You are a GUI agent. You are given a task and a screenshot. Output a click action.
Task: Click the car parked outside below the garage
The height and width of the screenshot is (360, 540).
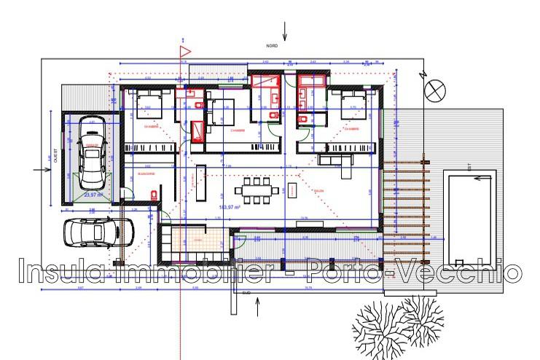(x=96, y=232)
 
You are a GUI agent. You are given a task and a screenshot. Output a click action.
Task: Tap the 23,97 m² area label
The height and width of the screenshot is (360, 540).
(x=93, y=195)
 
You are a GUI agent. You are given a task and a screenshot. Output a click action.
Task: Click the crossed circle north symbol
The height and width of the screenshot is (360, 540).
(x=435, y=90)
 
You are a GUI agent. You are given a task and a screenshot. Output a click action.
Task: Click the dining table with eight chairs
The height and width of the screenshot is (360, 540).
(x=257, y=190)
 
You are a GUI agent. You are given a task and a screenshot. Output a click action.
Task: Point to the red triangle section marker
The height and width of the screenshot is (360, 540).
(x=184, y=51)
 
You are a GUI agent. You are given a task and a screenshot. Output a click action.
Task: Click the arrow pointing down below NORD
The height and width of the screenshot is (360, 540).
(x=285, y=31)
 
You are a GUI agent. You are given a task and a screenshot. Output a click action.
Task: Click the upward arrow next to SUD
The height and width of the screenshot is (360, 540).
(x=257, y=308)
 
